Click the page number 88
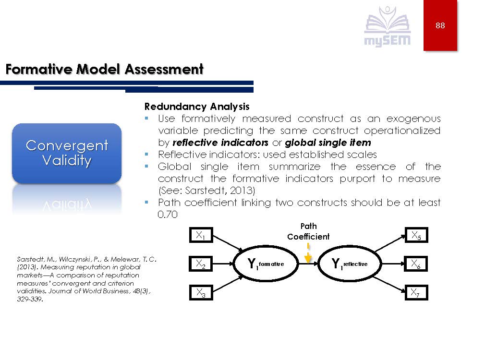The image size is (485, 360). coord(440,26)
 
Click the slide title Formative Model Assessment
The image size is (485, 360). coord(104,70)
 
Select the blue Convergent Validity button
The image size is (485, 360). coord(67,153)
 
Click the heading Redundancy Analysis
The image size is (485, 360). coord(197,107)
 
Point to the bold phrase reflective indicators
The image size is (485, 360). coord(220,143)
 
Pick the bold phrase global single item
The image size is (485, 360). coord(327,143)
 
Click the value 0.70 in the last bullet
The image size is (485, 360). coord(168,215)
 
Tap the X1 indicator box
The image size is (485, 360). coord(201,235)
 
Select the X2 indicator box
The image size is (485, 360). coord(201,264)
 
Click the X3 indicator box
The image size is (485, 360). coord(201,292)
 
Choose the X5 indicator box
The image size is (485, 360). coord(415,235)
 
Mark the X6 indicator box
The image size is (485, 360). coord(415,264)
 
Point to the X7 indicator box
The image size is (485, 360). coord(415,292)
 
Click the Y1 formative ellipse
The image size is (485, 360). coord(266,264)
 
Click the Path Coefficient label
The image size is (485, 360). coord(308,231)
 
